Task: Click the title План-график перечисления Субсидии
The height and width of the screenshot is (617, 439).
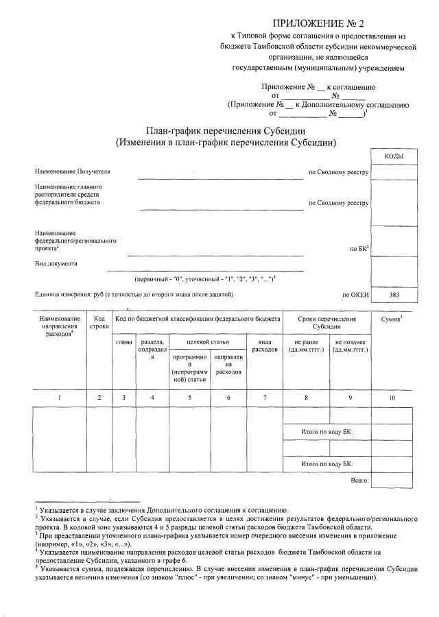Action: [x=226, y=131]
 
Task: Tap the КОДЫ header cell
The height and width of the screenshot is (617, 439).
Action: [x=393, y=157]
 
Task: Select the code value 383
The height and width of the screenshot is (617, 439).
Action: [x=393, y=295]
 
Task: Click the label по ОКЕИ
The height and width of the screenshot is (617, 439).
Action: [x=355, y=295]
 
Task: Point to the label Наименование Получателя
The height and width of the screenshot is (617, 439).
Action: [x=72, y=171]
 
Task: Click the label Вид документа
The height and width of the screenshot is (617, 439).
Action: [x=56, y=263]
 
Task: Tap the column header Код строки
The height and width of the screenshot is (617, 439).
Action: [x=99, y=323]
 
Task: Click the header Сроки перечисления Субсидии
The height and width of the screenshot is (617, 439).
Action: [x=327, y=323]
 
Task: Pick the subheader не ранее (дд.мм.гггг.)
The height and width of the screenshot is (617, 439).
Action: [x=306, y=346]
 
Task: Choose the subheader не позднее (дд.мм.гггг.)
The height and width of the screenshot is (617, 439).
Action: [x=350, y=346]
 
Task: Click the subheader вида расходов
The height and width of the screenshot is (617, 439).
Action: [x=264, y=346]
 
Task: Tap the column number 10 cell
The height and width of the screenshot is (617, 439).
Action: [x=392, y=398]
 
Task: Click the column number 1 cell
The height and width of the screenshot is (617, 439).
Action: [x=60, y=398]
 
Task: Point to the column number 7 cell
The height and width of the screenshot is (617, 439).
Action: [x=264, y=398]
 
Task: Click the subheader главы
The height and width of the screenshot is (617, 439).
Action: [x=124, y=341]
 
